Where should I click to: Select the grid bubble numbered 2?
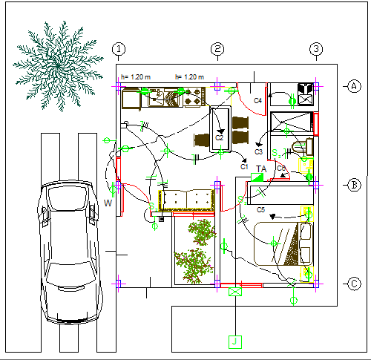(217, 50)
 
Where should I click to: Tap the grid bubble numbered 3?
(316, 50)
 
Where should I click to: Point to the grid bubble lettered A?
(353, 86)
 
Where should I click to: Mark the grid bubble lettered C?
(354, 283)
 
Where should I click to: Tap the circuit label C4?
(257, 100)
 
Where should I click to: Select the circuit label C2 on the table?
(220, 137)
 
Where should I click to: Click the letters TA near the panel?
(261, 169)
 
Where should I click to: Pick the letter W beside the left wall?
(108, 203)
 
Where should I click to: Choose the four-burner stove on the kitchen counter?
(194, 97)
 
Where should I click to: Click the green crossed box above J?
(236, 292)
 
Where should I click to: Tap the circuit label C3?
(259, 152)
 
